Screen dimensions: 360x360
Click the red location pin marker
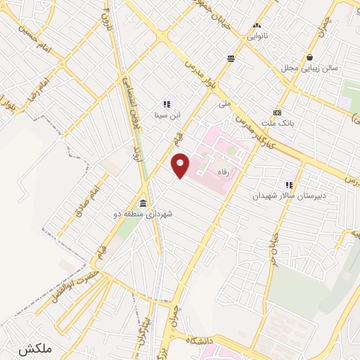[181, 165]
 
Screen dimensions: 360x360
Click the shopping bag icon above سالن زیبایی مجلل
[310, 58]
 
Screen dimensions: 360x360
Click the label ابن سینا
[167, 114]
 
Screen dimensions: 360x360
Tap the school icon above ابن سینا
[167, 103]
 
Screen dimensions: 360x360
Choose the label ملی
[224, 104]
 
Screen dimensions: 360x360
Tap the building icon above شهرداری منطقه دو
[143, 203]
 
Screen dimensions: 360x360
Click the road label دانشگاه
[200, 340]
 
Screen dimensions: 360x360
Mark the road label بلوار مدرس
[199, 76]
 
